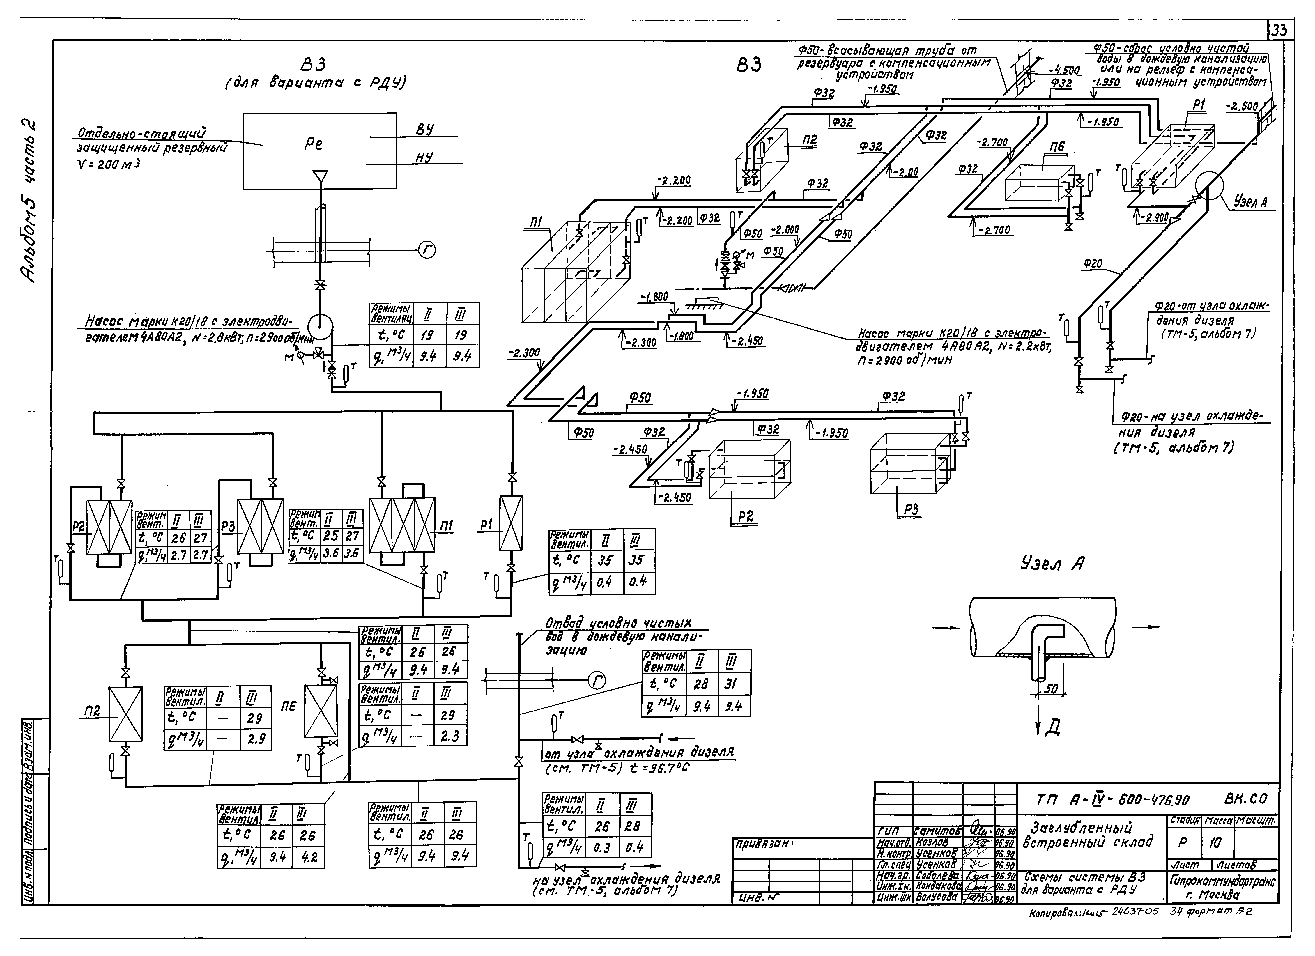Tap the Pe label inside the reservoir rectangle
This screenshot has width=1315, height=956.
pos(313,143)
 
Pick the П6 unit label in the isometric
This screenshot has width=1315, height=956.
pos(1057,147)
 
